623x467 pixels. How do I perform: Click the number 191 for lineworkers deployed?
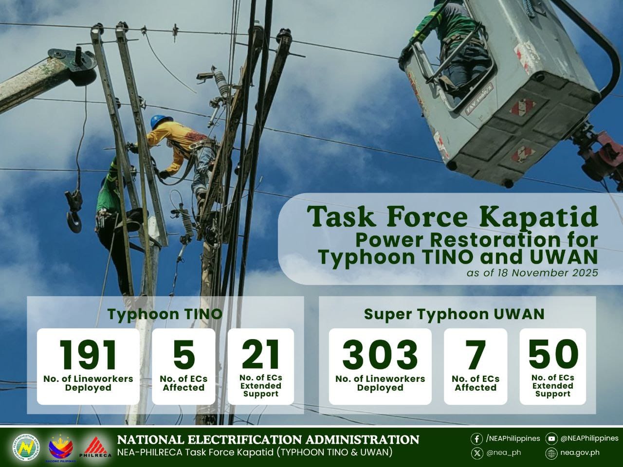(88, 355)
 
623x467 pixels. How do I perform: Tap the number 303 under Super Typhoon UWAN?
(380, 355)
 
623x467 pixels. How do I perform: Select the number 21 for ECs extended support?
(260, 355)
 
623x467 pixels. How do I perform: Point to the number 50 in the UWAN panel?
(553, 355)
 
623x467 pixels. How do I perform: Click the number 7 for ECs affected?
(476, 355)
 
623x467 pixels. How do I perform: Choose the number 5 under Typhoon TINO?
(184, 355)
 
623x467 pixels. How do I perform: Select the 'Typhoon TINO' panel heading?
(165, 314)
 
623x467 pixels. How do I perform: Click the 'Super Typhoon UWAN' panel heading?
(454, 314)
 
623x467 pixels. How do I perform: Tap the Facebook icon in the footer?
(477, 439)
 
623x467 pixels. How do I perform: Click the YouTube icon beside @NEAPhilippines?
(551, 439)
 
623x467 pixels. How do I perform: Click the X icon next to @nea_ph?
(477, 453)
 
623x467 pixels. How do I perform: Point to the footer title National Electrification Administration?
(268, 439)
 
